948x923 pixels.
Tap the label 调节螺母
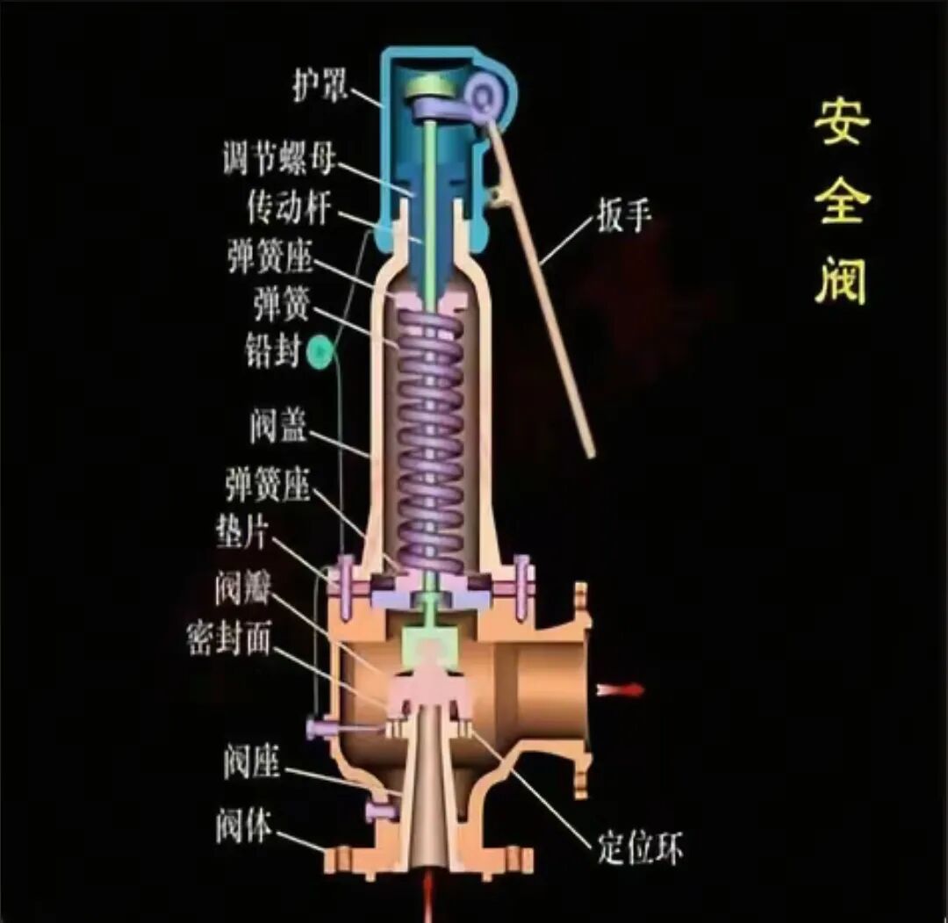279,161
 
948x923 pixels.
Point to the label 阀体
243,826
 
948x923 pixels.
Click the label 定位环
640,848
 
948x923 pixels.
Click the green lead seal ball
320,353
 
